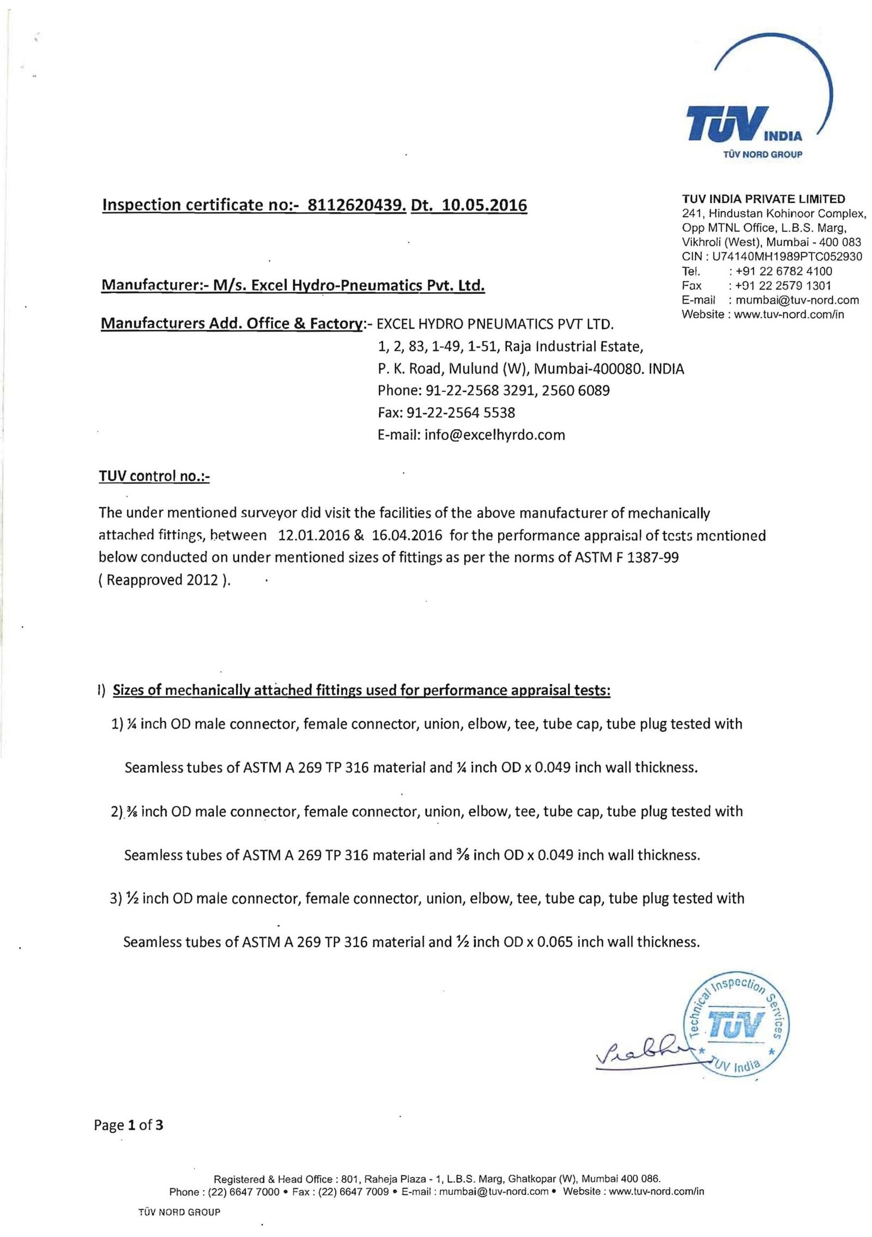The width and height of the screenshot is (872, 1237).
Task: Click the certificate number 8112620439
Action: (x=357, y=205)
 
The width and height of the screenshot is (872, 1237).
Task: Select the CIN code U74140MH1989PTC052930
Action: (x=787, y=256)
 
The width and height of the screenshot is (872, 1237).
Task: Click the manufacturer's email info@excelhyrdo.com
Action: (x=471, y=435)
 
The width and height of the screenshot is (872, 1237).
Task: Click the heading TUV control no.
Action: (x=154, y=476)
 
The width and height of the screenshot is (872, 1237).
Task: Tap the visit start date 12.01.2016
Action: (x=313, y=535)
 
